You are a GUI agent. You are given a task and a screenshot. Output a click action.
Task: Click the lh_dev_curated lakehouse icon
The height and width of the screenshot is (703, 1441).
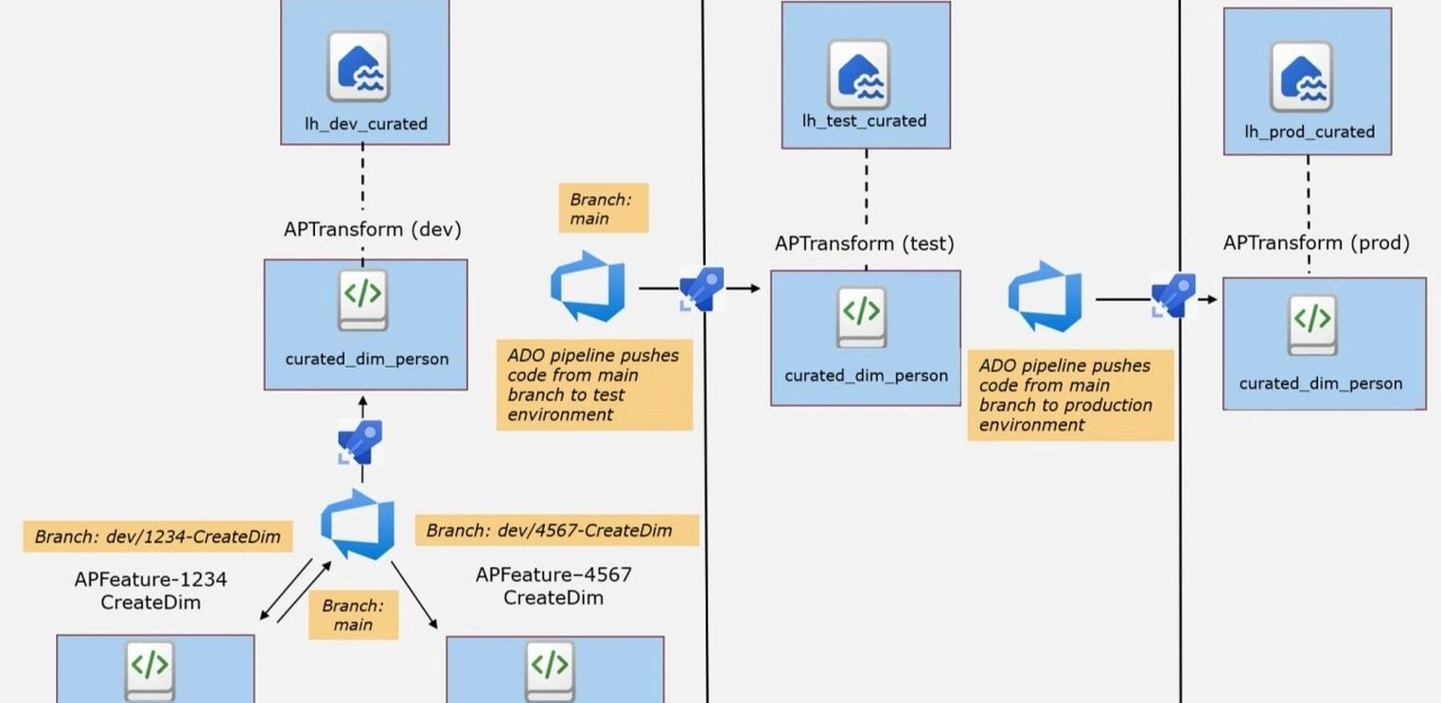(359, 66)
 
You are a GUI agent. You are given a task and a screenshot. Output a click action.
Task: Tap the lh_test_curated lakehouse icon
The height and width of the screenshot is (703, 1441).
(858, 74)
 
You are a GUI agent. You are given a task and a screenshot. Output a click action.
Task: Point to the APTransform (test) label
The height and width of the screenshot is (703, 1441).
(864, 243)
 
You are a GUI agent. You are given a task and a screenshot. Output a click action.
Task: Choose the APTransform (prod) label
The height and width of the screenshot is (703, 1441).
(1316, 242)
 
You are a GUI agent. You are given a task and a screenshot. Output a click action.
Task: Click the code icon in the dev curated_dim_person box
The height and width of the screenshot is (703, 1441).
(363, 299)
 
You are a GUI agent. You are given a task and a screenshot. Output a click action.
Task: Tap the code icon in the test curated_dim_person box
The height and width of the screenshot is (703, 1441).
(861, 316)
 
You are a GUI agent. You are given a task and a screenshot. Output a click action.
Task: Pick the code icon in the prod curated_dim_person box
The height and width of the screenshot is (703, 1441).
(1312, 325)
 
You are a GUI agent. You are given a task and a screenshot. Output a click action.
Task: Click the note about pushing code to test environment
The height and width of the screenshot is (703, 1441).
(593, 385)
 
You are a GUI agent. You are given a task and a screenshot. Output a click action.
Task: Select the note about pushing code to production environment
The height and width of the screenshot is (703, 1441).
(1069, 395)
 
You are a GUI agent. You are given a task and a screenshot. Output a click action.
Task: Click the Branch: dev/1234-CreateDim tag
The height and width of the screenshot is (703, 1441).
(157, 536)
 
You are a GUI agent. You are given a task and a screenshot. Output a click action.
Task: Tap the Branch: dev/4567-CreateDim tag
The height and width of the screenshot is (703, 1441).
(556, 530)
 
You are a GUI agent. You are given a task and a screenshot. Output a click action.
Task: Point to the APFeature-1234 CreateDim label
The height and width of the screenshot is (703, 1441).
(150, 589)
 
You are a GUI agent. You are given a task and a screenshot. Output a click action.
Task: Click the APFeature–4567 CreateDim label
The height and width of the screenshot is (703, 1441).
(554, 586)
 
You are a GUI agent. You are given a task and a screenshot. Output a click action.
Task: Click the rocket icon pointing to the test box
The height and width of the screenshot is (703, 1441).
(702, 289)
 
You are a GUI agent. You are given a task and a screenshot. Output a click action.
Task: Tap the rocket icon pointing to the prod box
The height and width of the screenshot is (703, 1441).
(1173, 295)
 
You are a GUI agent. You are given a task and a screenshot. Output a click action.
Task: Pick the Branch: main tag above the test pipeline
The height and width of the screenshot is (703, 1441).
(603, 208)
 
